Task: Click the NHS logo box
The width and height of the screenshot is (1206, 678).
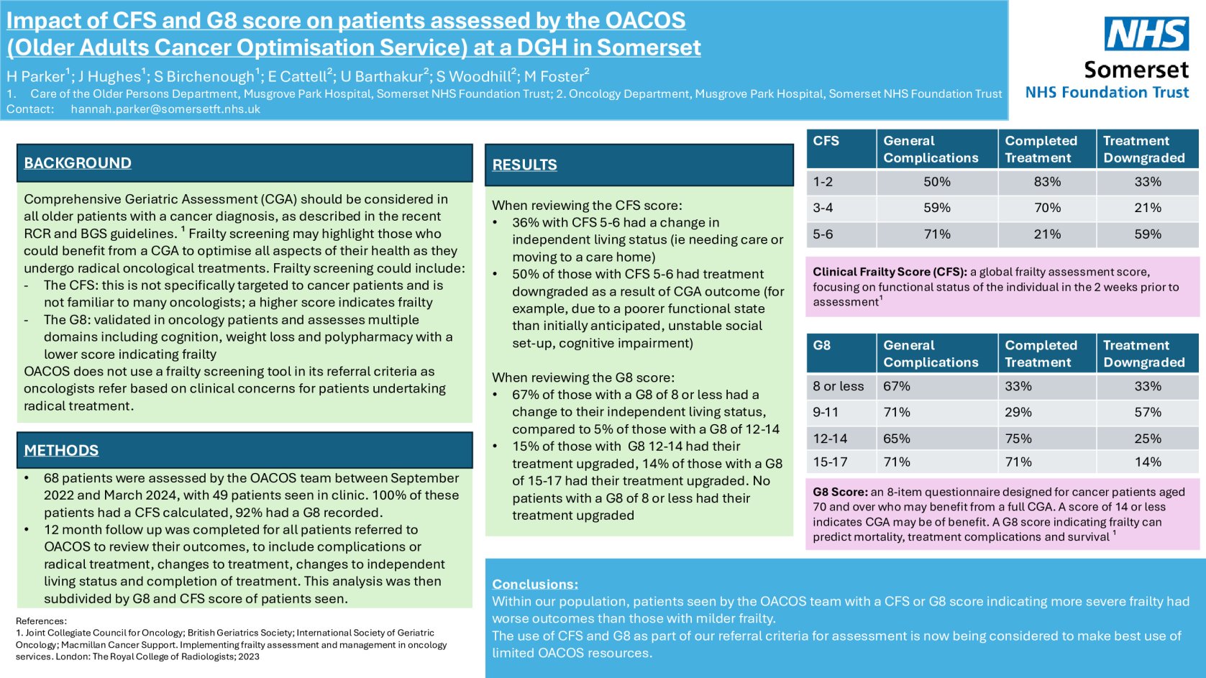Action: tap(1146, 34)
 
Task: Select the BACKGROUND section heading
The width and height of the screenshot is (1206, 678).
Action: tap(78, 163)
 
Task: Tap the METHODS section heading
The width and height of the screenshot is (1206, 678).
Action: tap(61, 451)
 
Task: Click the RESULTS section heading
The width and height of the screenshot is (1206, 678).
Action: tap(524, 165)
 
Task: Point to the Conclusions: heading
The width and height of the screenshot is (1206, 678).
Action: tap(534, 584)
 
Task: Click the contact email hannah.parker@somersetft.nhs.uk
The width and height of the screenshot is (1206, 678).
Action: tap(165, 109)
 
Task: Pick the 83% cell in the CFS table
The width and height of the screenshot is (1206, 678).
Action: tap(1046, 182)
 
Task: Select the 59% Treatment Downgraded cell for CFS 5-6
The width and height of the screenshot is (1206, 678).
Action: tap(1147, 234)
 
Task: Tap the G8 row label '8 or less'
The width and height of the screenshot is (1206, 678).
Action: tap(838, 386)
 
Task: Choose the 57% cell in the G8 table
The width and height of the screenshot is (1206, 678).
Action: tap(1147, 413)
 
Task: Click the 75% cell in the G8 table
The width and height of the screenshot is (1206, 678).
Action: tap(1018, 439)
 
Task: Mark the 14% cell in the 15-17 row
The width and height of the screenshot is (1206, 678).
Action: tap(1147, 462)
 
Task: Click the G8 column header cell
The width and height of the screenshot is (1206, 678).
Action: tap(822, 346)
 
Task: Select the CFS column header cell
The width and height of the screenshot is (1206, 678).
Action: tap(826, 141)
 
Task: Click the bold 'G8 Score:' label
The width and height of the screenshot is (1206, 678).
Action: tap(839, 492)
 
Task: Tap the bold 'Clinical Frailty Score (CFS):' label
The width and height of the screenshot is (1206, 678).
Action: tap(890, 272)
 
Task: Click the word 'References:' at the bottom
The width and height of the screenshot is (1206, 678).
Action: tap(41, 621)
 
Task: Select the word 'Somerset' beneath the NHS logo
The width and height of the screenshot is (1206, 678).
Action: tap(1136, 70)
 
